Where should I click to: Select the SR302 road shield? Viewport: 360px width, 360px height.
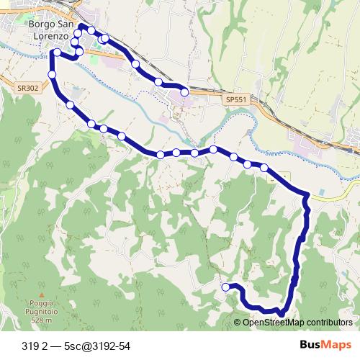[x=27, y=88]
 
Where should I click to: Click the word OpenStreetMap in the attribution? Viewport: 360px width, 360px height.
[x=271, y=323]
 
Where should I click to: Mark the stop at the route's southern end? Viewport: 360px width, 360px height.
[x=226, y=287]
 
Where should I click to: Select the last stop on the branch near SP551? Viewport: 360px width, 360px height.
[x=185, y=91]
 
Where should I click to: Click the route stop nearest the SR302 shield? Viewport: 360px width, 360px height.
[x=53, y=75]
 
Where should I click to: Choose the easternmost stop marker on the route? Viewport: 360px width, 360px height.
[x=264, y=168]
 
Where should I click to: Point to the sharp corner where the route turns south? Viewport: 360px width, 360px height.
[x=309, y=195]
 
